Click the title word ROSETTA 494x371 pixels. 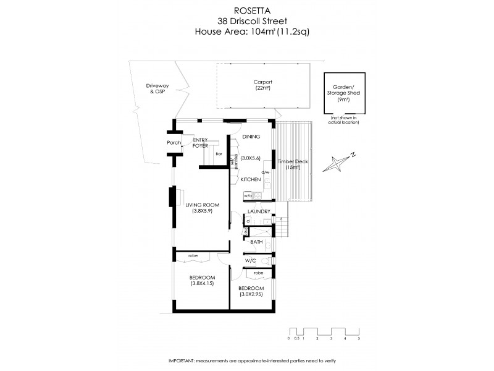click(x=247, y=10)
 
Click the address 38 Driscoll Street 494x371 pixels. click(x=247, y=20)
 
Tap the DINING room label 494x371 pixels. click(x=251, y=137)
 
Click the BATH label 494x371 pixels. click(x=257, y=242)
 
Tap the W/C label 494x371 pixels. click(x=251, y=261)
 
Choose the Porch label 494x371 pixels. click(x=174, y=143)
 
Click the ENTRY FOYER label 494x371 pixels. click(x=200, y=143)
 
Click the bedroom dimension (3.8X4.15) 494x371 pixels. click(x=202, y=284)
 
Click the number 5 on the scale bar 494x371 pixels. click(x=358, y=339)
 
